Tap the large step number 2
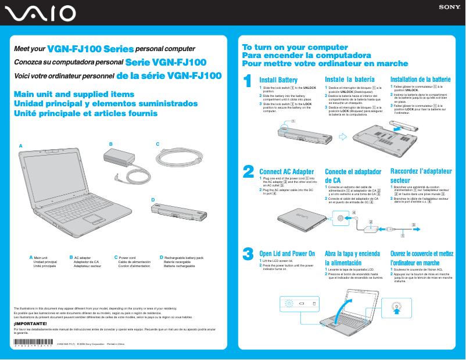[x=248, y=171]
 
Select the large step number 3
[x=248, y=254]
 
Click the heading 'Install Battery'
[x=278, y=80]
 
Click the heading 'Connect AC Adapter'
[x=286, y=172]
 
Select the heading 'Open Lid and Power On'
[x=287, y=254]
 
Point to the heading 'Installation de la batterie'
[x=420, y=80]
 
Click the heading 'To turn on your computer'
[x=286, y=47]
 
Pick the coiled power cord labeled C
[x=178, y=158]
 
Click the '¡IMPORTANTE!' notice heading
[x=27, y=323]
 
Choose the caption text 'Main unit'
[x=40, y=257]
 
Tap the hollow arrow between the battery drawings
[x=342, y=138]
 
